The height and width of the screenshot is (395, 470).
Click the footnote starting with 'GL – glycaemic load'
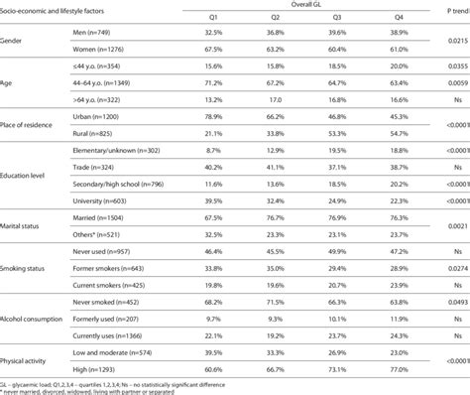tap(119, 381)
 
